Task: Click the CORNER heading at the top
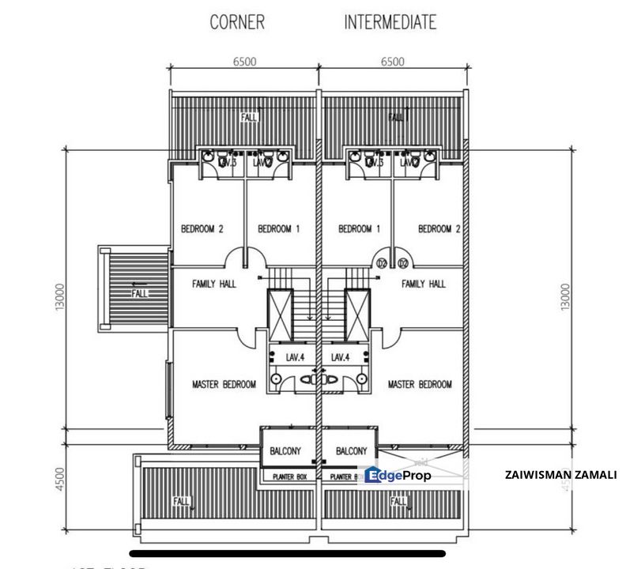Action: point(237,22)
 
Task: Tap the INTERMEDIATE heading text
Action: point(390,22)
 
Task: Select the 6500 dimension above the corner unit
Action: point(243,62)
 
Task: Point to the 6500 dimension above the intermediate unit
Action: point(392,62)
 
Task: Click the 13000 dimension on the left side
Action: point(60,297)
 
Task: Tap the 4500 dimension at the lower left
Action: point(60,480)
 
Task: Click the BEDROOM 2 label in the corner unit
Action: point(202,229)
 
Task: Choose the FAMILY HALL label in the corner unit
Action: point(204,284)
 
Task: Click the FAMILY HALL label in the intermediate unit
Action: point(423,284)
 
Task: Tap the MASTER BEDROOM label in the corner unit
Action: point(224,385)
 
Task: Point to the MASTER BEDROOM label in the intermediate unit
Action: point(420,385)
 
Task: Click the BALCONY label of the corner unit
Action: point(283,451)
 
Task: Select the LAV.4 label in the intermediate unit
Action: point(341,357)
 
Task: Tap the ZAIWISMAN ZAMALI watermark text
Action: point(560,475)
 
